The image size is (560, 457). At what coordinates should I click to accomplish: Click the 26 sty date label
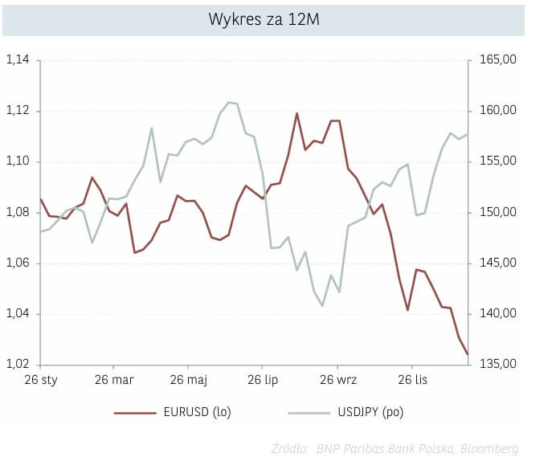[40, 379]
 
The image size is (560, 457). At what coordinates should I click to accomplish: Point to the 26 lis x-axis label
[412, 379]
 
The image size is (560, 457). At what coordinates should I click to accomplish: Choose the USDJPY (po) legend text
[371, 413]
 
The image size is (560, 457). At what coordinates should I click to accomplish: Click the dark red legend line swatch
[134, 413]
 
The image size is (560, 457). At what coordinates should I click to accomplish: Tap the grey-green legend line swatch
[308, 413]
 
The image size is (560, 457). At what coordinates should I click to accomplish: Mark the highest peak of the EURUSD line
[296, 113]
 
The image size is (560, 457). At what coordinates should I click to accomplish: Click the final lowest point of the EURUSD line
[467, 354]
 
